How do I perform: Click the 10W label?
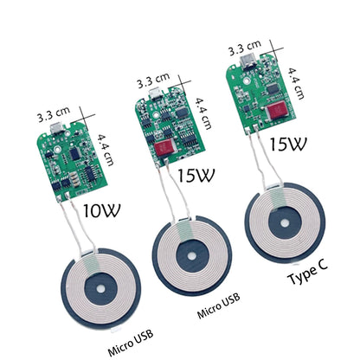(x=103, y=209)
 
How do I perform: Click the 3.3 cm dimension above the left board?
(x=53, y=114)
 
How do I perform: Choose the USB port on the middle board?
(x=155, y=97)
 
